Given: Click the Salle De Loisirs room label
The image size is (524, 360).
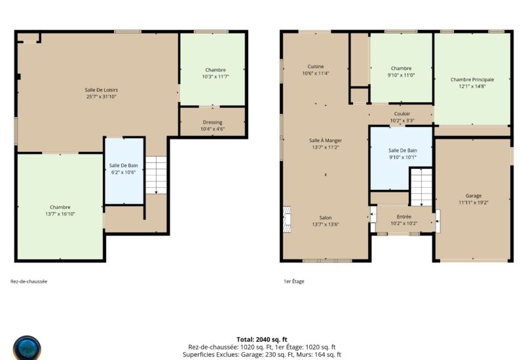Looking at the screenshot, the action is coord(102,90).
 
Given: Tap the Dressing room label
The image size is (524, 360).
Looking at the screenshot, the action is coord(212,122).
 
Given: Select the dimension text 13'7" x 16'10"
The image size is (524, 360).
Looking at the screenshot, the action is coord(60,214).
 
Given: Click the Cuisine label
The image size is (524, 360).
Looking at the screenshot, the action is coord(316,67).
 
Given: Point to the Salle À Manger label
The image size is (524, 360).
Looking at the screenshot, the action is coord(326,140).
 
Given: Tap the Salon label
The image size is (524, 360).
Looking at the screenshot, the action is coord(326,217).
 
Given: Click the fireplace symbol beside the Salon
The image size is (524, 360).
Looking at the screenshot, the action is coord(287,219).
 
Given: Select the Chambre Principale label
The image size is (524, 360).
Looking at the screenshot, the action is coord(472,79).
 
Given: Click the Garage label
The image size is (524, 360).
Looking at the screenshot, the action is coord(474,196).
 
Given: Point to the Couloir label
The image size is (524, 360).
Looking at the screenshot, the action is coord(402,114).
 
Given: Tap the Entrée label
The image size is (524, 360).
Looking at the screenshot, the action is coord(404,217).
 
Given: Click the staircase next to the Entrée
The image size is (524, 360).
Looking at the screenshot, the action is coord(421,187).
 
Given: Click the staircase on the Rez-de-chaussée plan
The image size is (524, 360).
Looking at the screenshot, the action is coord(156,175).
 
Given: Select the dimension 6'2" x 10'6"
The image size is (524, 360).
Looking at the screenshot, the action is coord(124,172).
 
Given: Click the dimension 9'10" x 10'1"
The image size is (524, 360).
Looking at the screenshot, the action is coord(403,157).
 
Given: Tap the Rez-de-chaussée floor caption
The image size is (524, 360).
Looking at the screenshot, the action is coord(29,281).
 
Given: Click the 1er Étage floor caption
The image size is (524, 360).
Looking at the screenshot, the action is coord(294,281).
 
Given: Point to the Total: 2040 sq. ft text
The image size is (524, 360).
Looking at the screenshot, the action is coord(262,340).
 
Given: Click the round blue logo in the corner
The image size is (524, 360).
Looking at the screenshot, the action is coord(27,348).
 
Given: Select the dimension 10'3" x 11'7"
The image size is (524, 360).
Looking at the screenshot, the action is coord(215,77).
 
